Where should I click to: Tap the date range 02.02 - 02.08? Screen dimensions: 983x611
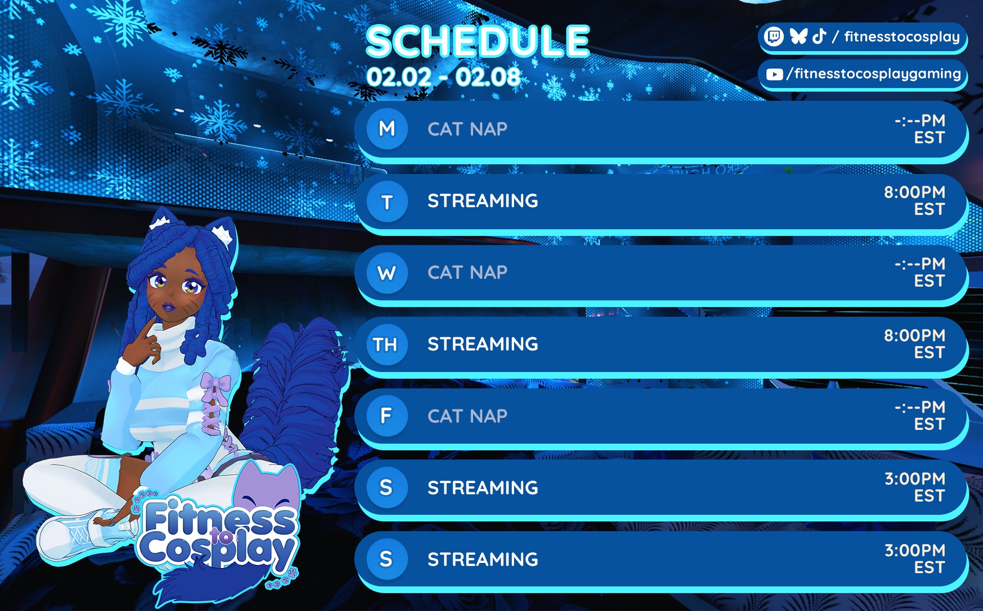coord(443,77)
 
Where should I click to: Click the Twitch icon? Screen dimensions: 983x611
coord(774,36)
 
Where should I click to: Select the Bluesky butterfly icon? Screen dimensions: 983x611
coord(798,36)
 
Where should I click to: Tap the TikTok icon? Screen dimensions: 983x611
coord(819,36)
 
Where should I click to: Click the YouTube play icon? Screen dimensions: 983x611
coord(774,75)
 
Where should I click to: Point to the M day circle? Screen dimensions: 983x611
coord(387,128)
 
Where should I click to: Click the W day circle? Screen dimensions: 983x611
coord(387,273)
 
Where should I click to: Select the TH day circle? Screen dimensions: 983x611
coord(387,344)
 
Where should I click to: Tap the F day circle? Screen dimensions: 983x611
coord(387,416)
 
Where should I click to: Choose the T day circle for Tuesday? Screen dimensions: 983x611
coord(387,201)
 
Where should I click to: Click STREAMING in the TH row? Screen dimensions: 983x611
coord(483,344)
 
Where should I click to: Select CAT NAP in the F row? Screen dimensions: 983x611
coord(467,416)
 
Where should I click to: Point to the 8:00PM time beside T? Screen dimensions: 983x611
coord(914,192)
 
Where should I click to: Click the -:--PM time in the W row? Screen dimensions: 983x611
coord(920,264)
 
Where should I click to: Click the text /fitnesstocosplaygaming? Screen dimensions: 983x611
coord(874,74)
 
